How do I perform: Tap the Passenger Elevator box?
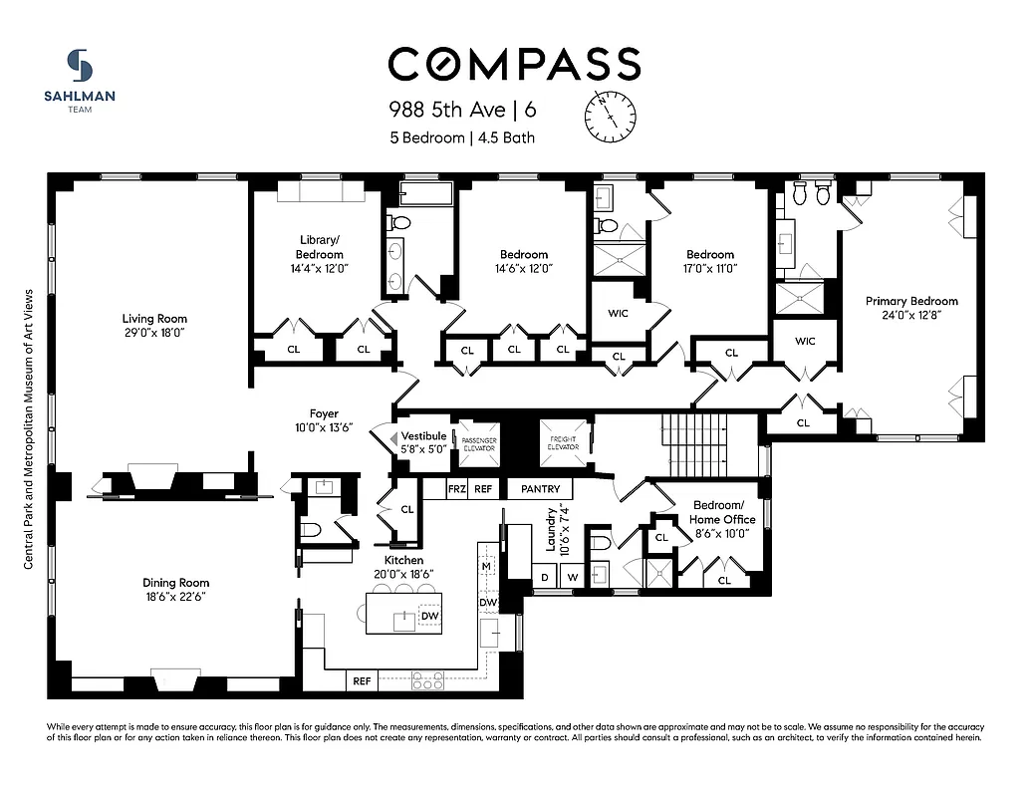pos(477,444)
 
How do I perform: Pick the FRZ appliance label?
pos(456,489)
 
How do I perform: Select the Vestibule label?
pos(423,436)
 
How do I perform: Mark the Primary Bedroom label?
pos(910,301)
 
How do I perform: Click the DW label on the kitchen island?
pos(429,617)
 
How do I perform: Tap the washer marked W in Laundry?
pos(573,577)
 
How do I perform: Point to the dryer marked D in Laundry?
pos(545,577)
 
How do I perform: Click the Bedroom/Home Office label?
pos(722,512)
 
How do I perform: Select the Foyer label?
pos(324,413)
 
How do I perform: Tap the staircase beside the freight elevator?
pos(696,445)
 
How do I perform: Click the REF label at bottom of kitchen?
pos(362,681)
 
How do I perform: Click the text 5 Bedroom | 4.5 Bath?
pos(462,137)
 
